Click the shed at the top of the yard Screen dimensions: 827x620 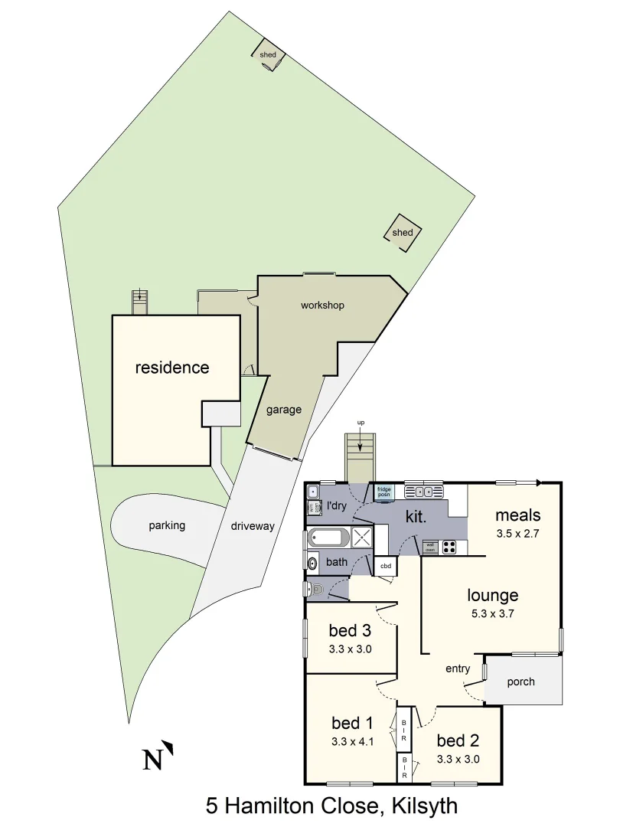268,54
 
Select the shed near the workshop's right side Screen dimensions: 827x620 403,233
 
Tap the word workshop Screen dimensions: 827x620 322,306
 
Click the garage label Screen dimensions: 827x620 283,410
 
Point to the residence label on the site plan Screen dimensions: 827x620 172,368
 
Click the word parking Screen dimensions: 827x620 167,526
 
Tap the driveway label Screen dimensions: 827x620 253,527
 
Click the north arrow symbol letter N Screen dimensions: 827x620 154,760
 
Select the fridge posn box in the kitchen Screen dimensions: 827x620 384,492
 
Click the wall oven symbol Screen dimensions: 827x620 429,547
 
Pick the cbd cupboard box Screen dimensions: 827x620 386,567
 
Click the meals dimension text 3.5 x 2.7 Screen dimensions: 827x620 518,534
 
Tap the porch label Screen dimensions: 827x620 520,682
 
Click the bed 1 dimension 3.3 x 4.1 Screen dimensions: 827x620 352,740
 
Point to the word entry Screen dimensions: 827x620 458,668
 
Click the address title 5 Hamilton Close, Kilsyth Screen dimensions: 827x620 331,806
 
